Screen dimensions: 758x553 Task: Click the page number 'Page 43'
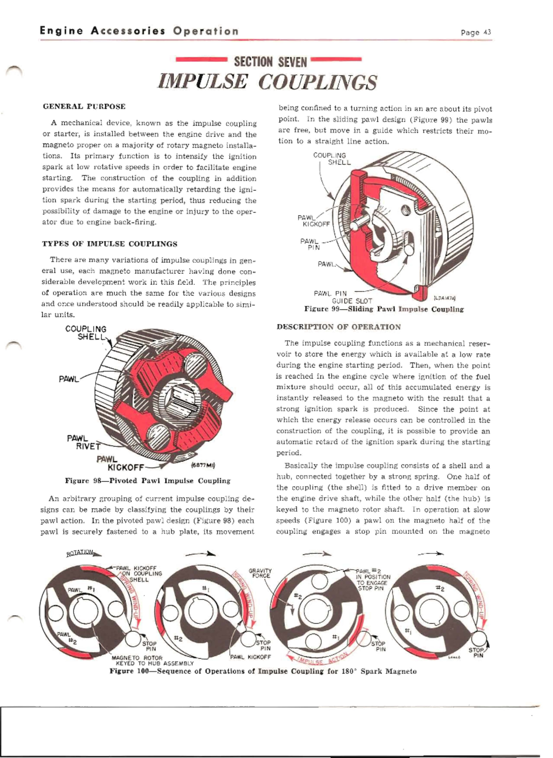(476, 32)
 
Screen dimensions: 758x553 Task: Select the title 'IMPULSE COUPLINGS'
(267, 82)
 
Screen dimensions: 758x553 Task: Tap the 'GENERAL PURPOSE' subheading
(84, 106)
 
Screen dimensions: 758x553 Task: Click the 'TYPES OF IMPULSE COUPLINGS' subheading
(110, 244)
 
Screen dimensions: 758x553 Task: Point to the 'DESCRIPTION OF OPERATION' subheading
(339, 327)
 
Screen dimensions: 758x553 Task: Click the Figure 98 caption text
(147, 481)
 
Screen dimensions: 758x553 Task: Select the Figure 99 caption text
(384, 309)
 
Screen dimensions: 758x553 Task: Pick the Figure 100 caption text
(263, 671)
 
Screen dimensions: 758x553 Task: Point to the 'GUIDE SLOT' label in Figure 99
(352, 301)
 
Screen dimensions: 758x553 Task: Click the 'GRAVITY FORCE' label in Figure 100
(260, 573)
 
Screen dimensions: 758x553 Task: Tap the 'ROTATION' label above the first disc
(80, 552)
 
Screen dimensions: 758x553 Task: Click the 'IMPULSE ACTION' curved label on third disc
(318, 659)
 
